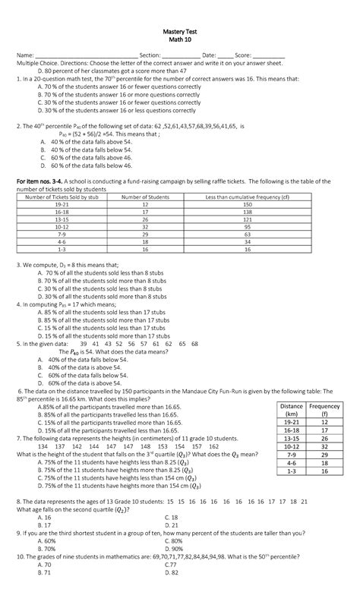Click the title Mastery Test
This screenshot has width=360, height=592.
179,29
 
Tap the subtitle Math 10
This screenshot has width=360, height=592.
179,38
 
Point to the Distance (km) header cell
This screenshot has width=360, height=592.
292,411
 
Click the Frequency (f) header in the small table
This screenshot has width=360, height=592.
324,411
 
